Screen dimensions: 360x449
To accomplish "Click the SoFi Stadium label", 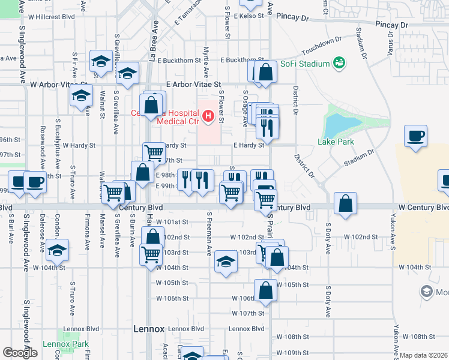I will pos(308,64).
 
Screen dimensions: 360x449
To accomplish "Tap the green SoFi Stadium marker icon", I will pos(339,62).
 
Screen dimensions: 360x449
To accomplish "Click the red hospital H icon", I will pos(208,115).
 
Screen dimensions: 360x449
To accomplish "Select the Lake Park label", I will pos(336,142).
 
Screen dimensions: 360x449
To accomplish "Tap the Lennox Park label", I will pos(65,344).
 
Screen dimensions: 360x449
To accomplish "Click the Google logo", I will pos(20,353).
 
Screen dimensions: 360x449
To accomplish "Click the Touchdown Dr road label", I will pos(321,45).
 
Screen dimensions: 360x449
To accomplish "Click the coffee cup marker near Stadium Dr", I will pos(415,136).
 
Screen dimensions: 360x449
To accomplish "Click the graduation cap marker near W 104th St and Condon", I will pos(58,249).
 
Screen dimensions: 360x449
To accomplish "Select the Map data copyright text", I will pos(423,355).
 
